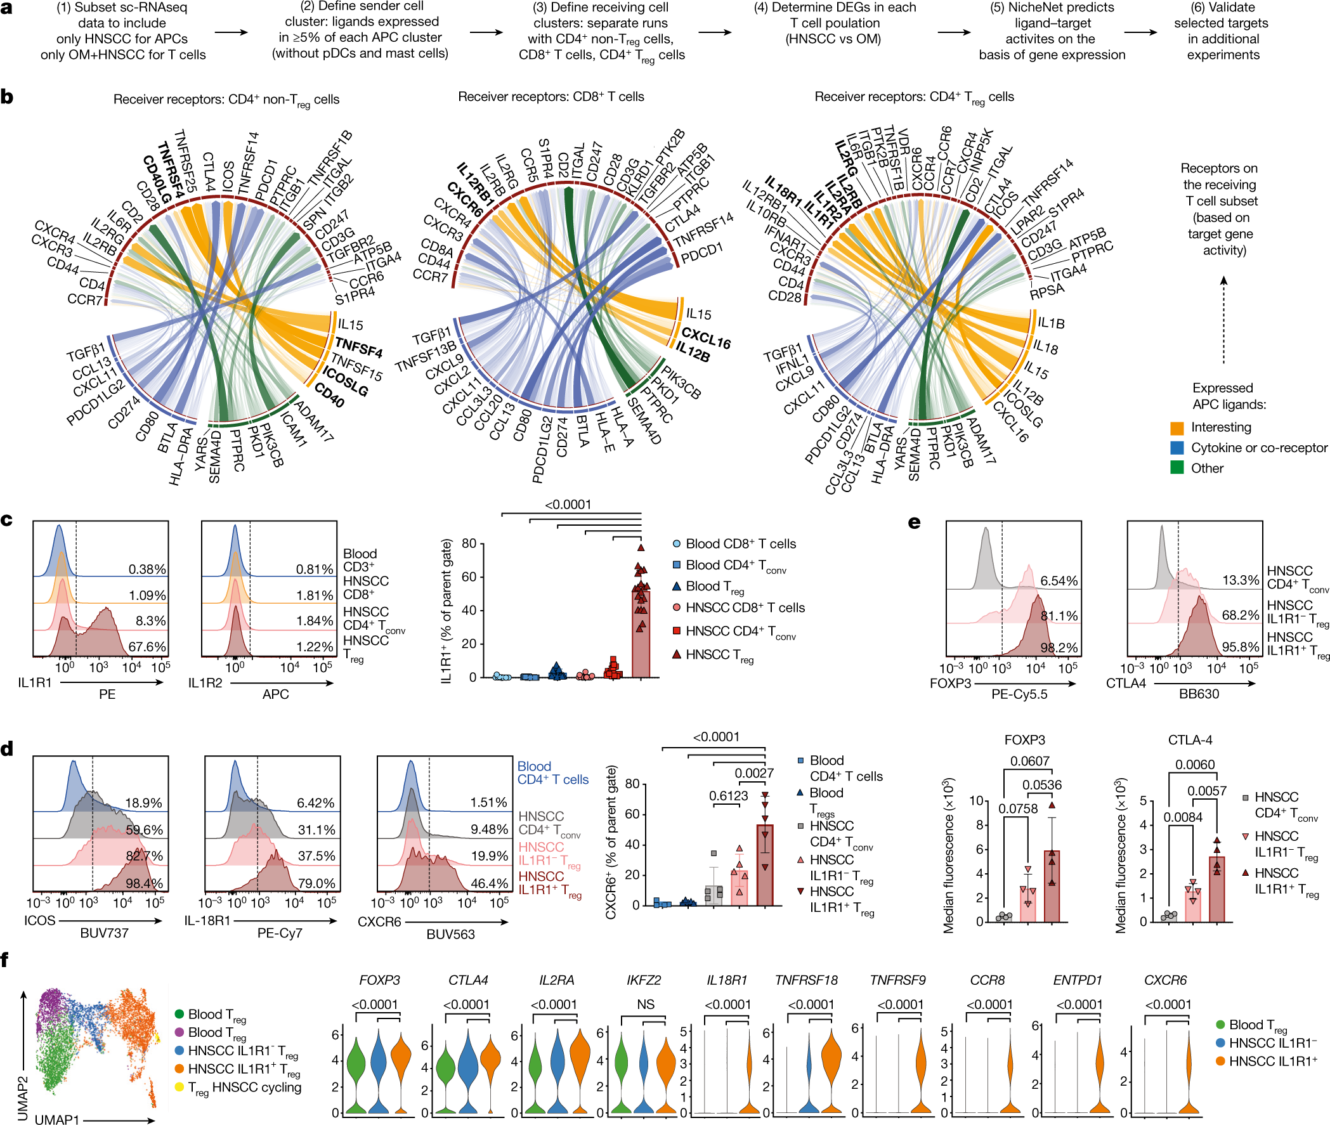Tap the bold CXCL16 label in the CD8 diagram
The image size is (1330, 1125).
coord(705,337)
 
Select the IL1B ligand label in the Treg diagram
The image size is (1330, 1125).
coord(1050,323)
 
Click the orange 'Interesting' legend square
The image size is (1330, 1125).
coord(1177,427)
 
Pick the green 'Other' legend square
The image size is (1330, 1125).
coord(1177,468)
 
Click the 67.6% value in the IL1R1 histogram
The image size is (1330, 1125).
coord(147,647)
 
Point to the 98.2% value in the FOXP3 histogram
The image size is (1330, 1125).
coord(1059,648)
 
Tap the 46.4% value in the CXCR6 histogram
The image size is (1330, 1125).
coord(489,883)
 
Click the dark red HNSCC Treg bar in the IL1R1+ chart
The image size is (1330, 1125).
coord(641,634)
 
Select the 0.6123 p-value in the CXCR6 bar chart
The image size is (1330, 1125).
coord(729,796)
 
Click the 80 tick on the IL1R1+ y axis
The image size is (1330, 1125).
coord(469,543)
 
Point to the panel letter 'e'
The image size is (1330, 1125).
coord(914,523)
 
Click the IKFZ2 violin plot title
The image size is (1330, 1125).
coord(644,980)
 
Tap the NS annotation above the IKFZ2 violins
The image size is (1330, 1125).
coord(646,1004)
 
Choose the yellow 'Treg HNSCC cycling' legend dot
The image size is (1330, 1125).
coord(179,1087)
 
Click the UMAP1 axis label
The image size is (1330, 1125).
coord(57,1119)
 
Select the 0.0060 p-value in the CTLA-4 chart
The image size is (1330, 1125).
coord(1195,764)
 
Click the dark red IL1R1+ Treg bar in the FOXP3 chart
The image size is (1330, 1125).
coord(1051,886)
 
